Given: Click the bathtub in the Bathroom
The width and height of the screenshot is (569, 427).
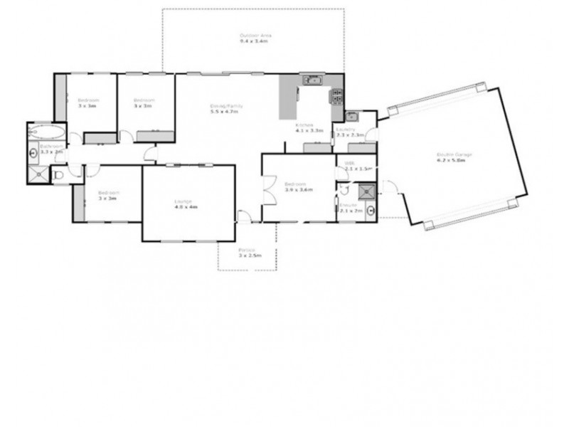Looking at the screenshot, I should pyautogui.click(x=47, y=132).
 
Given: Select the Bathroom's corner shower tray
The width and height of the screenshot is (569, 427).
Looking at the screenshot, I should pyautogui.click(x=38, y=173).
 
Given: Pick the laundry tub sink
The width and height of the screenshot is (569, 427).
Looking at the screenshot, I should pyautogui.click(x=351, y=115).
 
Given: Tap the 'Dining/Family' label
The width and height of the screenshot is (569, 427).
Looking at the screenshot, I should pyautogui.click(x=226, y=106).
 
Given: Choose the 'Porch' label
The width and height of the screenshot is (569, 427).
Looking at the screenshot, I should pyautogui.click(x=247, y=249).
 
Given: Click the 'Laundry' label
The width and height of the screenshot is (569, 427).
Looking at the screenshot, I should pyautogui.click(x=351, y=129).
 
